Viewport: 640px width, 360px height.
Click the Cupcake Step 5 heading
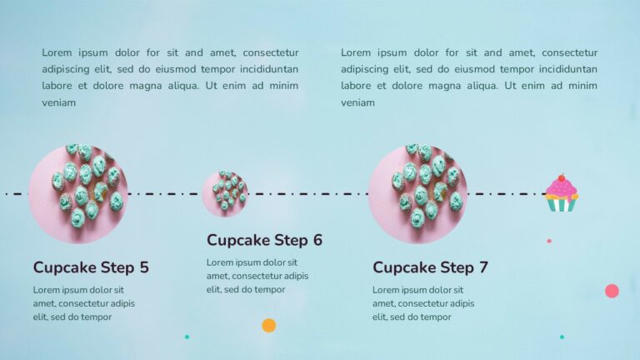91,267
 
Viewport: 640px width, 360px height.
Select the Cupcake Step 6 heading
264,240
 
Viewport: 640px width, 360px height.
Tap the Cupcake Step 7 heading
430,267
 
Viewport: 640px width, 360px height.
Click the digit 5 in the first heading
144,267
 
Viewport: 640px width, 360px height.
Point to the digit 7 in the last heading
483,267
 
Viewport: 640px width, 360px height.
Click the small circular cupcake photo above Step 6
224,193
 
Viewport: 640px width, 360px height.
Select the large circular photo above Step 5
77,193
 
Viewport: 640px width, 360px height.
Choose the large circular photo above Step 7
417,193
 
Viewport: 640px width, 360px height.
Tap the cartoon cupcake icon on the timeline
561,193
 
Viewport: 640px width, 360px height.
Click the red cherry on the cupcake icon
561,177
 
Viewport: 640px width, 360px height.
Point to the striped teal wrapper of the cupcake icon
561,204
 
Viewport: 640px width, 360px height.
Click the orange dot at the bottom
268,325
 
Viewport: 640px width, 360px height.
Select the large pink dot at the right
612,291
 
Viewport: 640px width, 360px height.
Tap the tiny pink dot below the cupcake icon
548,241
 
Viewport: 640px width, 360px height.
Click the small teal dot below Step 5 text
187,337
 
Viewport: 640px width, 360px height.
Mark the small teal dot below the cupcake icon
562,337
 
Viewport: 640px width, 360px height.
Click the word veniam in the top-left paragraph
59,103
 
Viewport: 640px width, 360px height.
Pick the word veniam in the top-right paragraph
357,103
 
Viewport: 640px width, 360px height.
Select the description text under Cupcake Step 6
257,276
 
